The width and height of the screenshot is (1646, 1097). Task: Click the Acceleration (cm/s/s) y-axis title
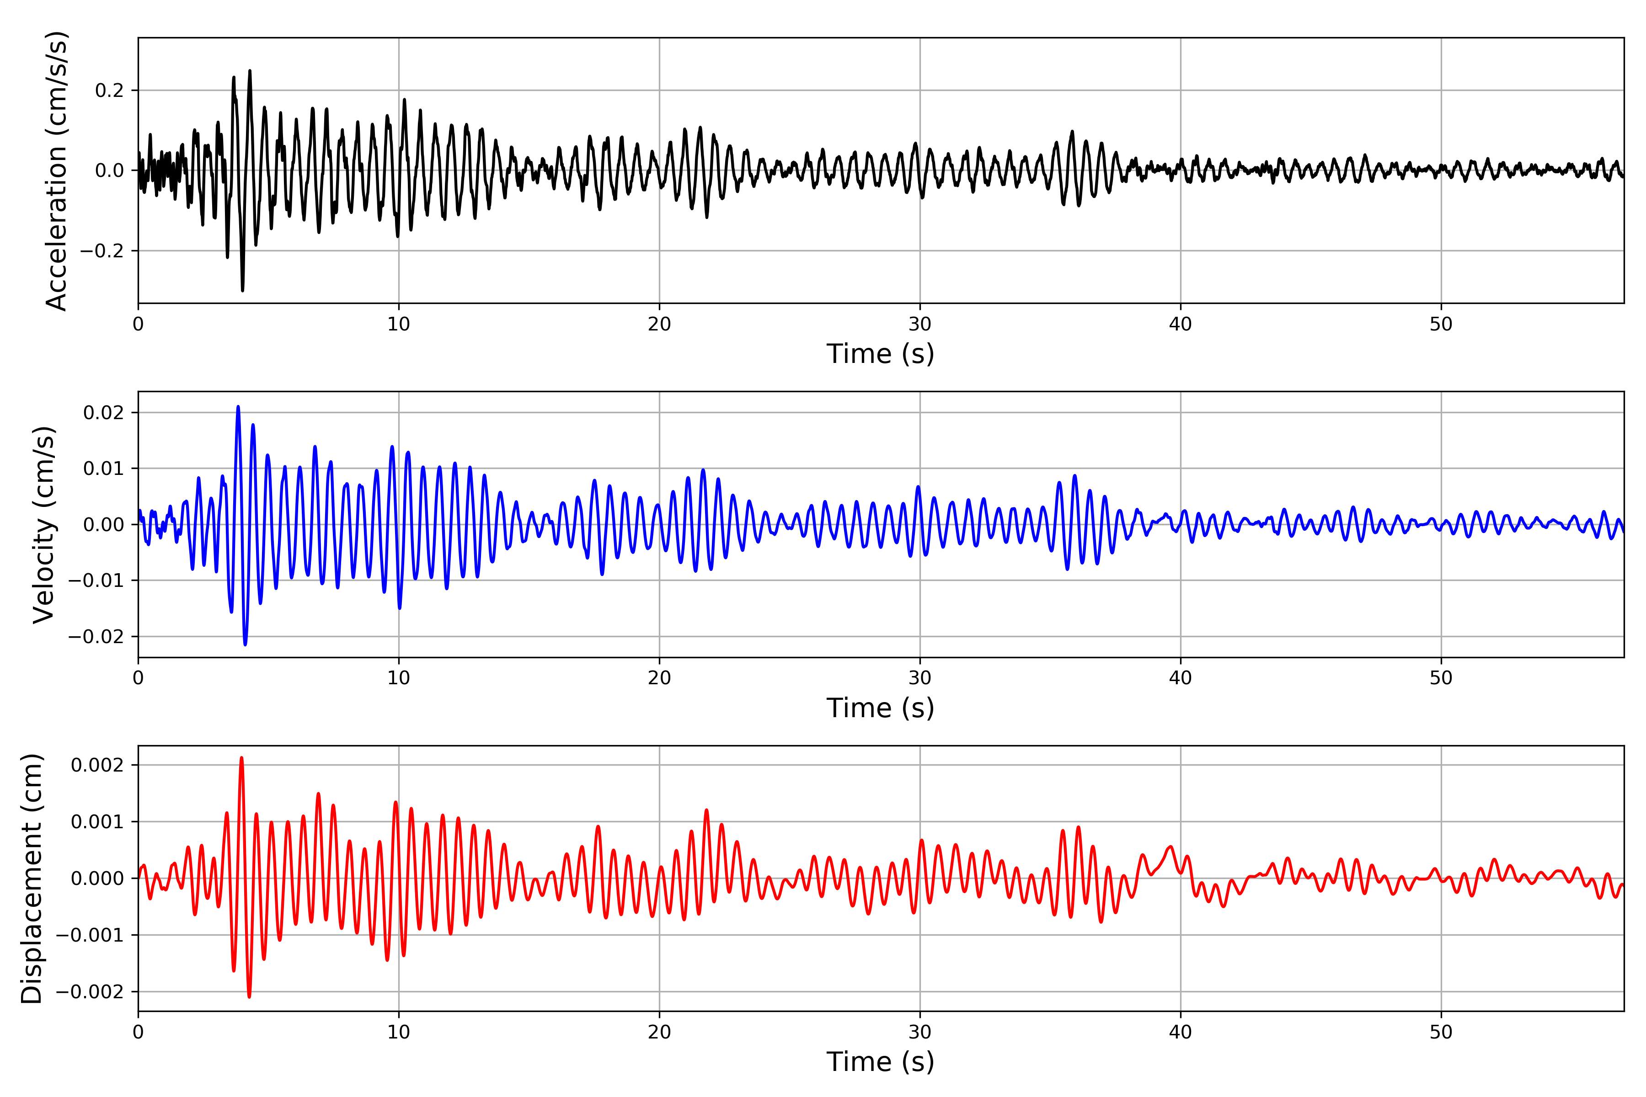click(x=56, y=170)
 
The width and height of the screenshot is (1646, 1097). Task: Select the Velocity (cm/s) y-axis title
click(x=43, y=525)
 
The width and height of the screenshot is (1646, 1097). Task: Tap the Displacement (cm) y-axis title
click(x=32, y=879)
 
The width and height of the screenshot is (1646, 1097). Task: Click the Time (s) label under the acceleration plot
click(x=881, y=354)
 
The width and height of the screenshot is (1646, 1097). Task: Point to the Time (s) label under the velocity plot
click(x=881, y=708)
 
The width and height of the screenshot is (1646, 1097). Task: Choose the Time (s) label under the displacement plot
click(x=881, y=1062)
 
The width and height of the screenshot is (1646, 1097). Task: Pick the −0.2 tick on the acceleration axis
click(x=102, y=251)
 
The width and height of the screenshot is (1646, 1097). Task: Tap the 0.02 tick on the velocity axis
click(x=104, y=413)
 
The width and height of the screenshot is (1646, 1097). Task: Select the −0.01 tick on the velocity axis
click(x=96, y=580)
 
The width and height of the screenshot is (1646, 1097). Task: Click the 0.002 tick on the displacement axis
click(x=97, y=765)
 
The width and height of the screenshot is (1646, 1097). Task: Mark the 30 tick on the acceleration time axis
click(x=919, y=324)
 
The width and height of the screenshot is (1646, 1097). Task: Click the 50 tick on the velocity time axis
click(x=1441, y=678)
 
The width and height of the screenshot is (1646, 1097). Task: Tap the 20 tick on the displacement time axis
click(x=659, y=1032)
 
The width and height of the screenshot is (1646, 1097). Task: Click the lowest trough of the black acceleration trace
click(x=243, y=290)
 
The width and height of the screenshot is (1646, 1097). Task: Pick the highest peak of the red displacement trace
click(x=241, y=758)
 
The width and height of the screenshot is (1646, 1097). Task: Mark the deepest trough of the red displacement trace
click(x=249, y=997)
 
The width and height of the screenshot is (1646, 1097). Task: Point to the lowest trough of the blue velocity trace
click(x=245, y=644)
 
